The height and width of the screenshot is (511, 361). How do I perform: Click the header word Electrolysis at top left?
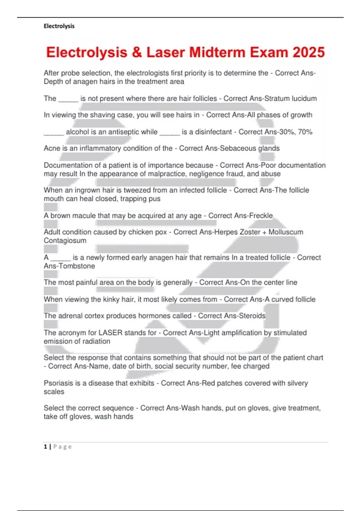[59, 26]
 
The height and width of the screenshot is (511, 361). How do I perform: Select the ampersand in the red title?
[137, 53]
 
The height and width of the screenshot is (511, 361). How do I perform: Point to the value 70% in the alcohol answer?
[305, 132]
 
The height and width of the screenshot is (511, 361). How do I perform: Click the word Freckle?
[261, 216]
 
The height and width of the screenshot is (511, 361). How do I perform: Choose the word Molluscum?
[286, 232]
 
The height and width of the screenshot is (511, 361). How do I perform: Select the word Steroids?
[252, 316]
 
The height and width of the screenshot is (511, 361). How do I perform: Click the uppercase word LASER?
[110, 333]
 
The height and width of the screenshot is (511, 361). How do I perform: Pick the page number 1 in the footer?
[45, 447]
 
